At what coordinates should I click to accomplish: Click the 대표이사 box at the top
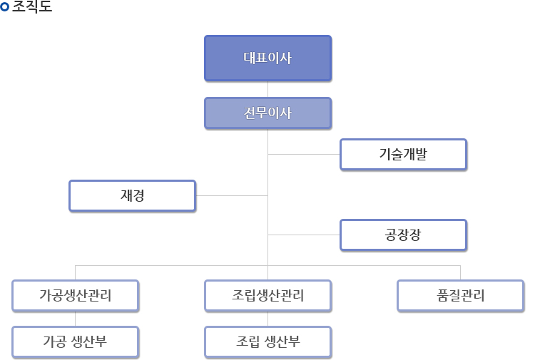click(x=267, y=58)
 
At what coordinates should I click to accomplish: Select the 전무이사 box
click(x=267, y=113)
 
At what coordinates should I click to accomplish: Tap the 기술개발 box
click(x=403, y=154)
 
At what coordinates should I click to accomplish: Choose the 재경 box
click(x=132, y=195)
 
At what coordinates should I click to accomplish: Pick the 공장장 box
click(x=403, y=235)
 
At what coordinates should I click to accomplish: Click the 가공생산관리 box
click(x=75, y=296)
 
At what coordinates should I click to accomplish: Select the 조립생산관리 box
click(x=267, y=296)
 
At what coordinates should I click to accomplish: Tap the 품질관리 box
click(x=460, y=296)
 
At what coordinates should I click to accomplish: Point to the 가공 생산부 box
click(x=75, y=341)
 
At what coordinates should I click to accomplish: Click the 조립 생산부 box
click(x=267, y=341)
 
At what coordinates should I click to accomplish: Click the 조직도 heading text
click(x=32, y=9)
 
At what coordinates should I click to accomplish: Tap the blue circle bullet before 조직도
click(x=6, y=9)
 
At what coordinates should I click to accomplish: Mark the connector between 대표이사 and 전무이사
click(x=267, y=88)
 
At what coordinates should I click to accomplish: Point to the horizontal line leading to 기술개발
click(x=303, y=154)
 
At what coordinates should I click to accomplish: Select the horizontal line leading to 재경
click(x=232, y=195)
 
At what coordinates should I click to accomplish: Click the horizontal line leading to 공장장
click(x=303, y=235)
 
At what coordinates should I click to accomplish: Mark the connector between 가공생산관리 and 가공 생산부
click(x=75, y=319)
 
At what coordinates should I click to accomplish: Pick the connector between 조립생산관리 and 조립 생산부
click(x=267, y=319)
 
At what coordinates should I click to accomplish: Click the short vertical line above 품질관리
click(x=460, y=272)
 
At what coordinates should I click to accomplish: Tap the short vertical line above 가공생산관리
click(x=75, y=272)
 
